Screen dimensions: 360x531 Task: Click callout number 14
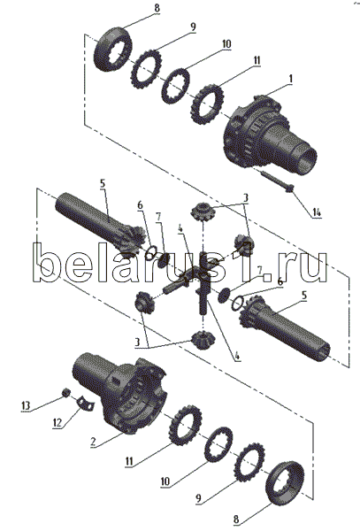(316, 212)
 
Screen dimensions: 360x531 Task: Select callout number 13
(26, 405)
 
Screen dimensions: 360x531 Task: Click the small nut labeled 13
(67, 392)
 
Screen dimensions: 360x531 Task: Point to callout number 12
(57, 423)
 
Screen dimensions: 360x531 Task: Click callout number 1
(290, 79)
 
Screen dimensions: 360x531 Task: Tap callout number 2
(95, 442)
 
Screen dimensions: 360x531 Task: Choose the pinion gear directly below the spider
(203, 341)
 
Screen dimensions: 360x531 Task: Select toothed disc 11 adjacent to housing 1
(208, 104)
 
